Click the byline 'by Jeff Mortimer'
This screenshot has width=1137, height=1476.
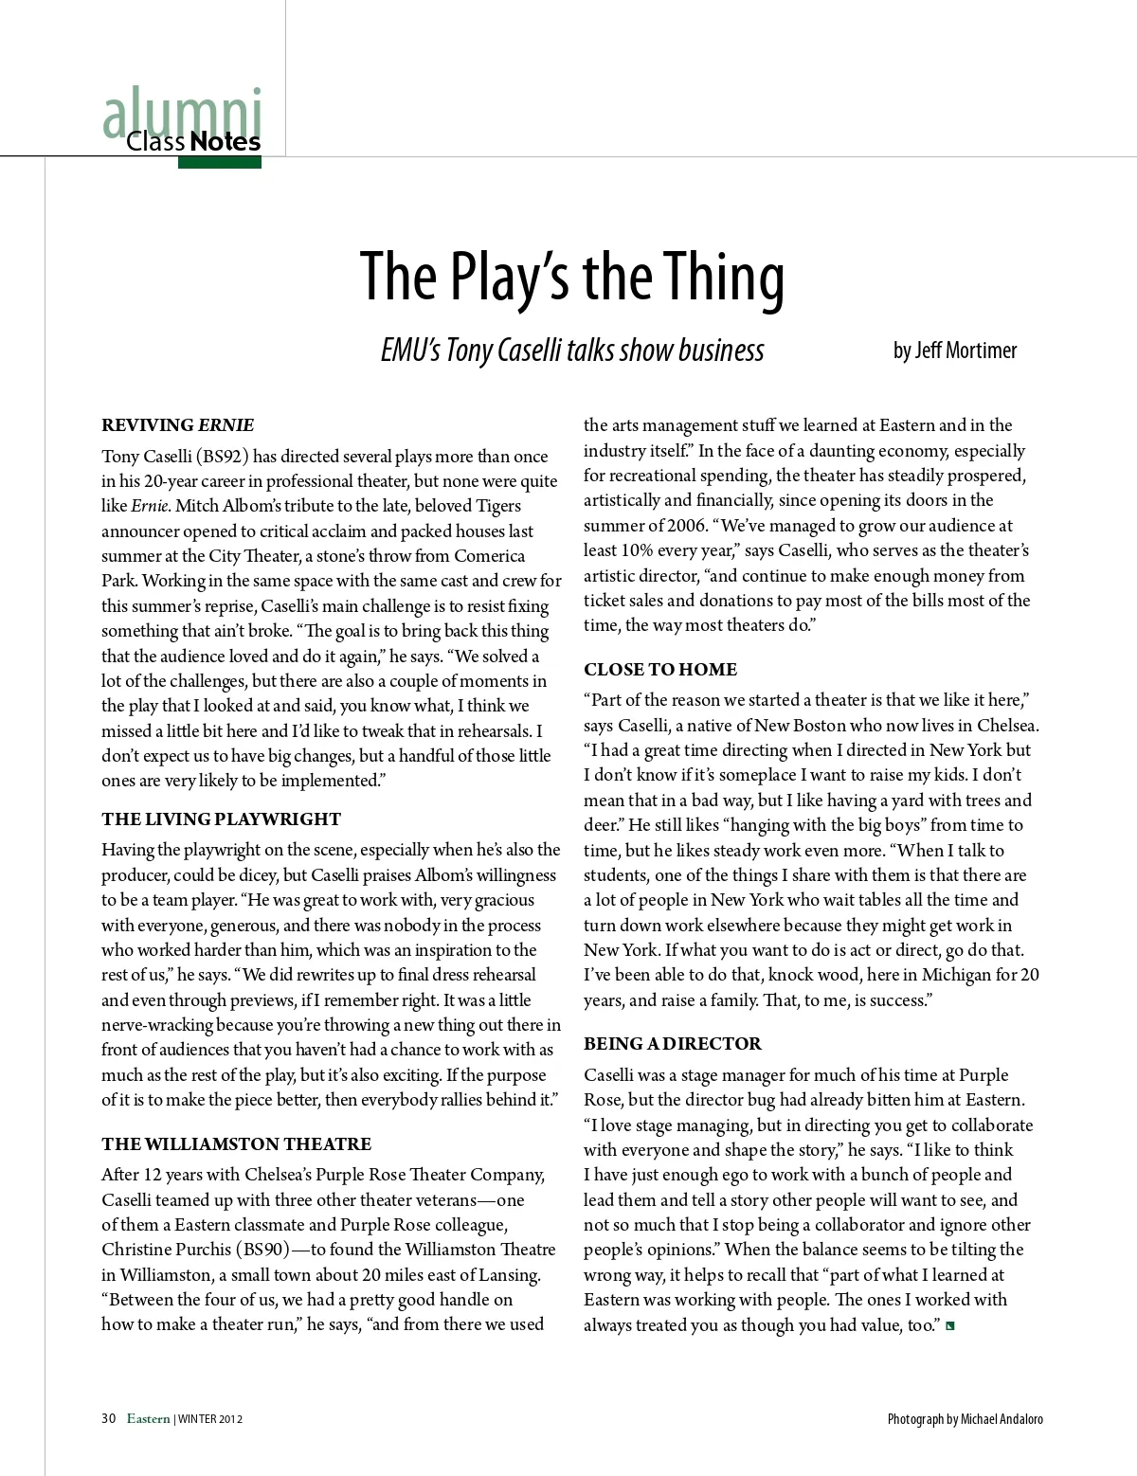pos(954,351)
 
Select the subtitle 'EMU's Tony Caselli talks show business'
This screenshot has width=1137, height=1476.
pos(571,351)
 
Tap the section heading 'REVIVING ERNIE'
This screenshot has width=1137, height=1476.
pos(177,425)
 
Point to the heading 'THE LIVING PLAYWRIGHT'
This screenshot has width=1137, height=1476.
pos(221,819)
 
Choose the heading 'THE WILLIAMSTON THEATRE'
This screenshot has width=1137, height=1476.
pos(236,1144)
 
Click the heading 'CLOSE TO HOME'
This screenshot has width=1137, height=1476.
pos(659,670)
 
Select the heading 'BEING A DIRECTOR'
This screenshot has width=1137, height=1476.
pos(672,1044)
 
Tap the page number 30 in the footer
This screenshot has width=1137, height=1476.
pos(108,1419)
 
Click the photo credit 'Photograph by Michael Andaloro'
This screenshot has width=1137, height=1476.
pos(965,1419)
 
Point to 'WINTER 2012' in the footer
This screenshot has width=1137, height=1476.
pos(210,1419)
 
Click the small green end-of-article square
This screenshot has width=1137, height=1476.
pos(950,1325)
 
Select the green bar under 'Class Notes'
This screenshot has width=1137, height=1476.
pos(219,162)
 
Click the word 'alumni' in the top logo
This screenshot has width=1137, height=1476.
pos(182,114)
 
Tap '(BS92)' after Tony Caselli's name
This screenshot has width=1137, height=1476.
pos(223,457)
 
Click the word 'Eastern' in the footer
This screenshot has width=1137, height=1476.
pos(149,1419)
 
